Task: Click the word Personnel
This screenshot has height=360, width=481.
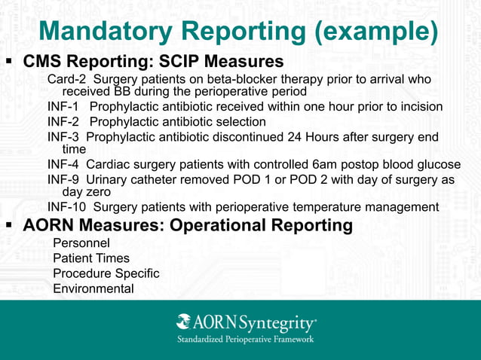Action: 81,243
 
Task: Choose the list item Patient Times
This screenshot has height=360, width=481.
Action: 90,258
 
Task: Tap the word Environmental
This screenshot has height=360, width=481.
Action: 93,288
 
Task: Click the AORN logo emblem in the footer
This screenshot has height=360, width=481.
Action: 183,323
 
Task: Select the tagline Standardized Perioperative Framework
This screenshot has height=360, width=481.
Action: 245,340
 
